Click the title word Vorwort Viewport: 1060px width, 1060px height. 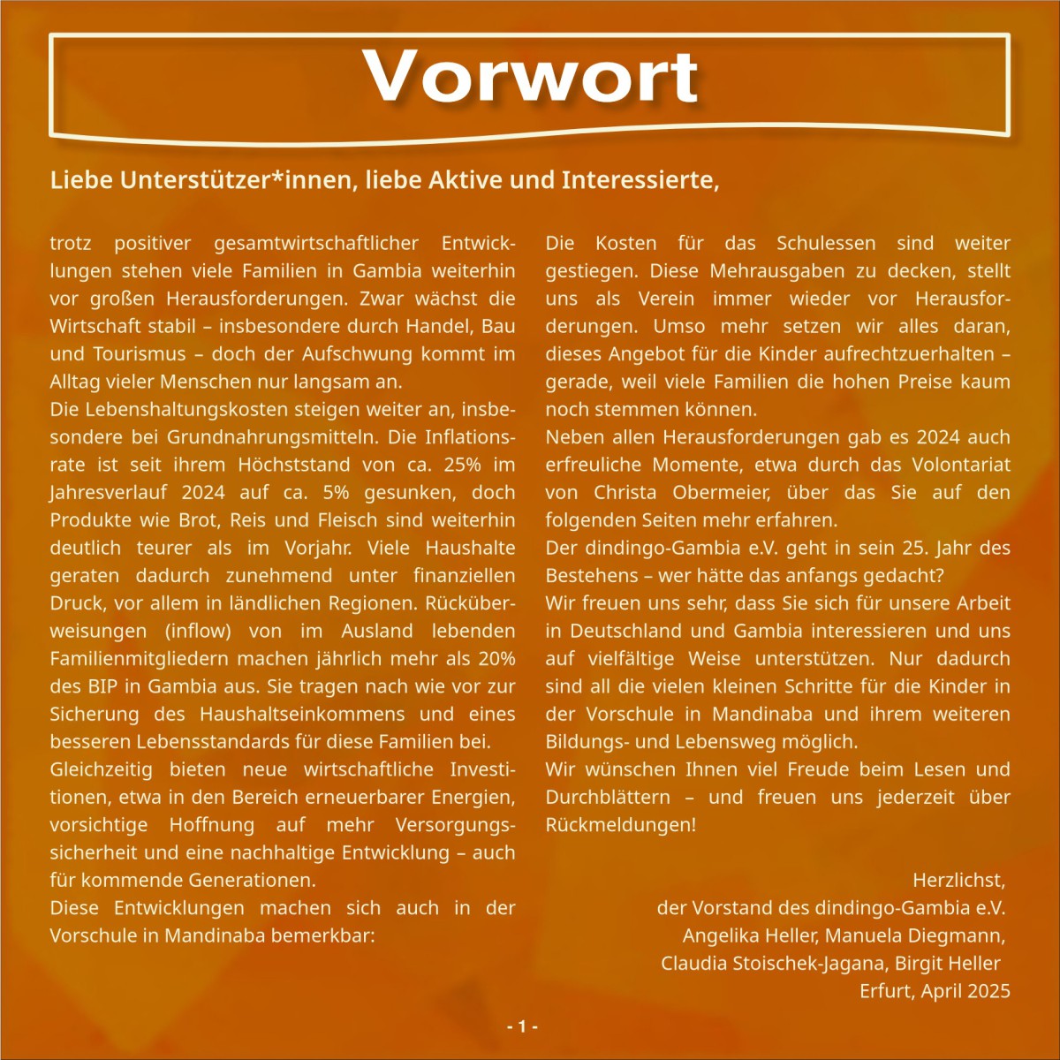[x=531, y=77]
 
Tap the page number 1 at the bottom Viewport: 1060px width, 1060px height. [x=522, y=1026]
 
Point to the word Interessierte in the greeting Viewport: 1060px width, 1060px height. [x=640, y=180]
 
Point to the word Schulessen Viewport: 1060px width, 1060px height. [x=827, y=244]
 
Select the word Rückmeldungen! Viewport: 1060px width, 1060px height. [x=620, y=825]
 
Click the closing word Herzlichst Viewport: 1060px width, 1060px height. [x=958, y=881]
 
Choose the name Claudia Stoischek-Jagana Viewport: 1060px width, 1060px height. [x=774, y=964]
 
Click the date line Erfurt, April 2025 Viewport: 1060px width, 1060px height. [x=935, y=991]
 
